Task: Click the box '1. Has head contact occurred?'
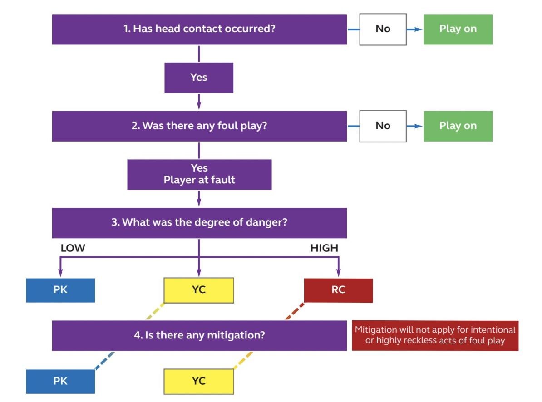click(x=199, y=29)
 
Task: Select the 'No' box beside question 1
click(x=383, y=29)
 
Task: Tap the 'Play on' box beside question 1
click(x=458, y=29)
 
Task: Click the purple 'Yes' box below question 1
click(x=199, y=78)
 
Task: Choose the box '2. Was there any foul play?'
click(x=199, y=126)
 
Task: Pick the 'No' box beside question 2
click(x=383, y=126)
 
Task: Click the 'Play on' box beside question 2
click(x=458, y=126)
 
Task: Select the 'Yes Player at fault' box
click(x=199, y=174)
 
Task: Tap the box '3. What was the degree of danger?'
click(x=199, y=223)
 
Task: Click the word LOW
click(x=73, y=248)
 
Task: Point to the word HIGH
click(x=324, y=248)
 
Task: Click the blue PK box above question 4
click(x=60, y=290)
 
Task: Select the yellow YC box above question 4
click(x=199, y=290)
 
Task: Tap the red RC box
click(x=338, y=290)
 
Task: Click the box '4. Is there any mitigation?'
click(x=199, y=336)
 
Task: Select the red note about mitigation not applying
click(x=435, y=335)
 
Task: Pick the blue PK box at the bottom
click(x=60, y=381)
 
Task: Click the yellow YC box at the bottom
click(x=199, y=381)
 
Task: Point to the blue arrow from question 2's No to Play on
click(x=414, y=126)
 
